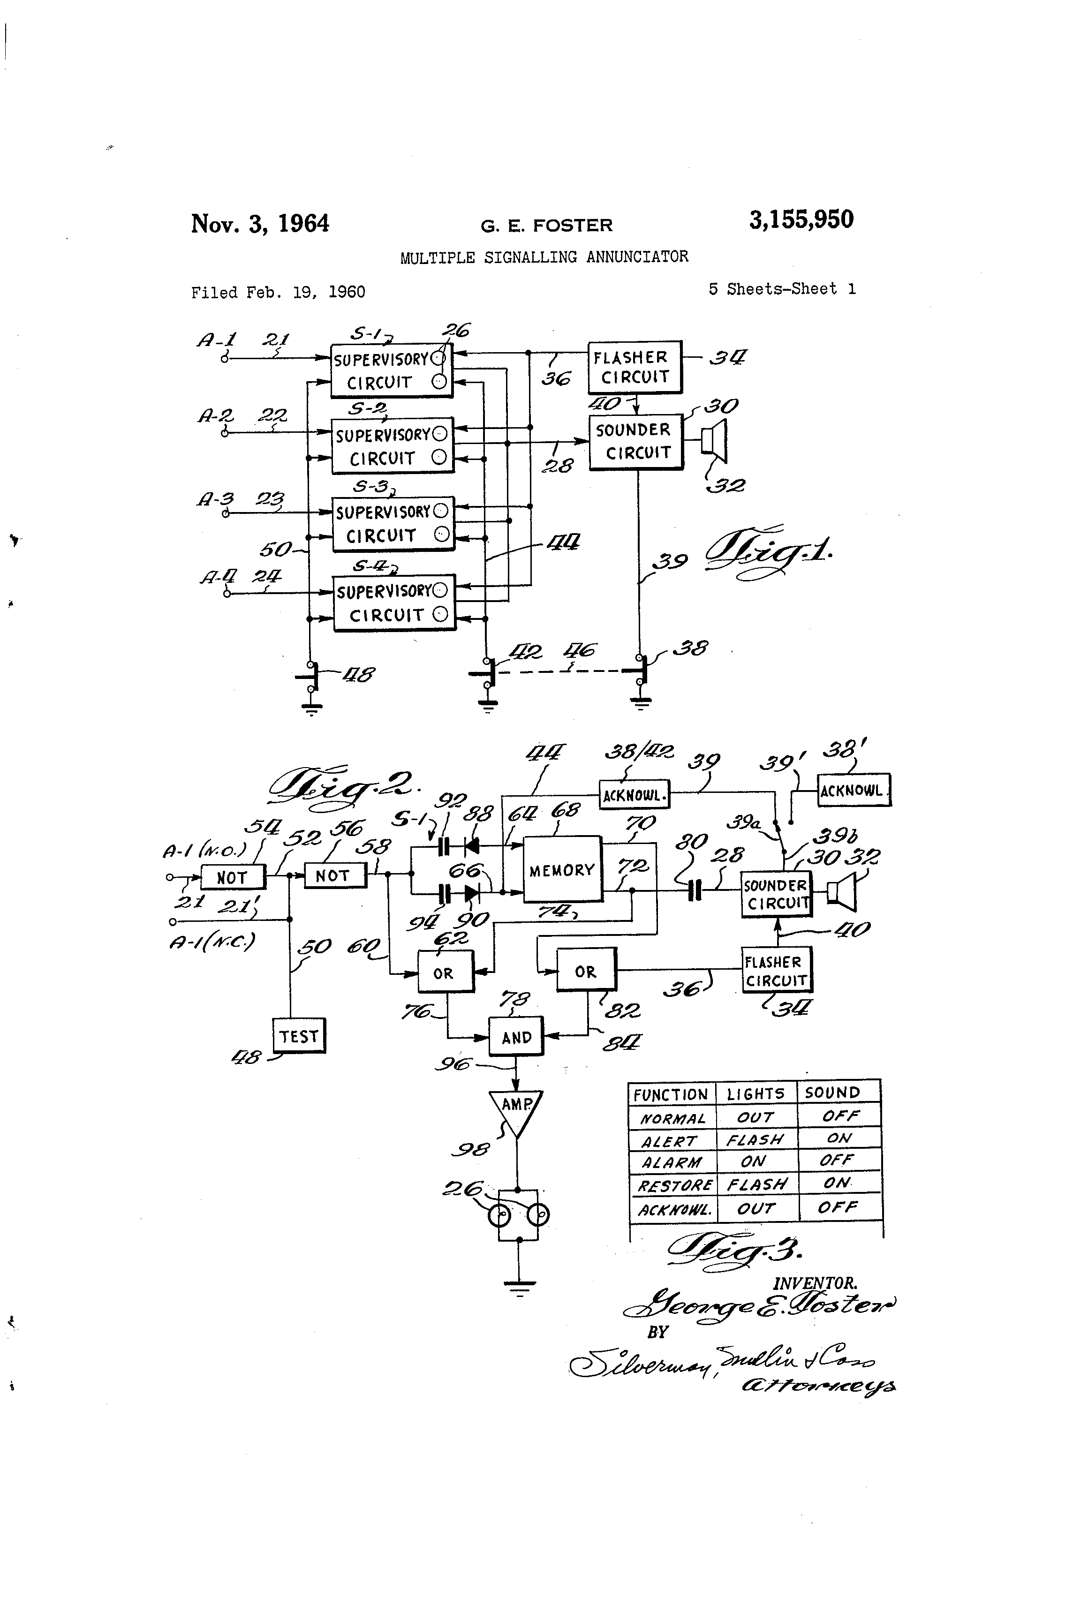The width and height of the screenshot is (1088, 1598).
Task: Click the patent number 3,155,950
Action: [x=801, y=220]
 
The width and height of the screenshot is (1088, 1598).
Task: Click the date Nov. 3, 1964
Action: [x=260, y=224]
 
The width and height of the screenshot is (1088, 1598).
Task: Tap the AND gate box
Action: [x=516, y=1037]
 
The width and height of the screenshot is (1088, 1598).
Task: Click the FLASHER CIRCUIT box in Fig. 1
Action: [x=634, y=367]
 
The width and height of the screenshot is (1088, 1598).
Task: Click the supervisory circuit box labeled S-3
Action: [x=393, y=523]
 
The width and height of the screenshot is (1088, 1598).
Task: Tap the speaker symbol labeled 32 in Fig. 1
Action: [x=715, y=441]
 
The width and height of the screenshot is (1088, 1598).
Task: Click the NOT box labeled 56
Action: [x=335, y=875]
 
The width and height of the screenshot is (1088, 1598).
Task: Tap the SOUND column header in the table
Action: [x=832, y=1093]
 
